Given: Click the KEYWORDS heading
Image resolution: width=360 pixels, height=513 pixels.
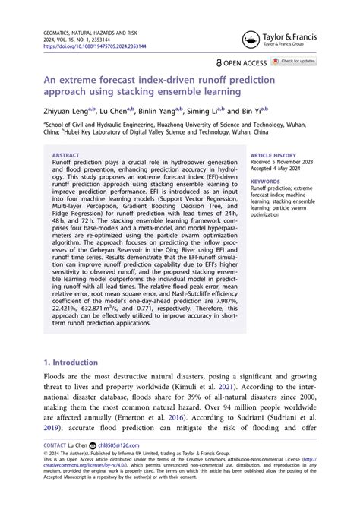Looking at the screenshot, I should (265, 182).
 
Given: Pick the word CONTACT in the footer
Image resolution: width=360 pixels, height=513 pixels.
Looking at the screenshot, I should (55, 445).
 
